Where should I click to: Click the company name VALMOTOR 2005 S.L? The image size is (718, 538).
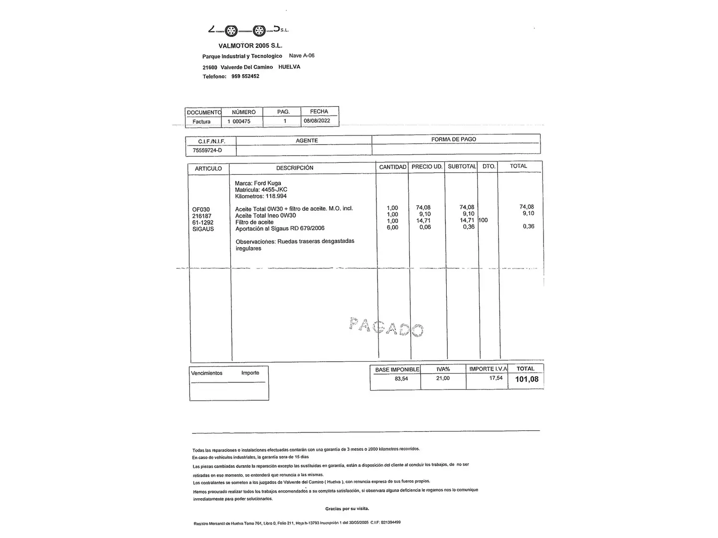(x=250, y=46)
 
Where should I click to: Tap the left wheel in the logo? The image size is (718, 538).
(x=230, y=31)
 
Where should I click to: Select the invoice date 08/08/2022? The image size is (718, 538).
(x=317, y=121)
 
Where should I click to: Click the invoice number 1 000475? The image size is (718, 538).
(x=239, y=122)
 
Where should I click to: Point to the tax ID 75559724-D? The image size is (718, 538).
(x=207, y=150)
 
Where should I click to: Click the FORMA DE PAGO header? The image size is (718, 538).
(x=453, y=139)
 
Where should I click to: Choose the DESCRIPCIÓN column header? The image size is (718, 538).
(x=295, y=168)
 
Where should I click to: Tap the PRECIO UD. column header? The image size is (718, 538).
(x=427, y=166)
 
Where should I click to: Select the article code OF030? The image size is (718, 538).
(x=201, y=210)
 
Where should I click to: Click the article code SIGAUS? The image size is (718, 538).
(x=203, y=229)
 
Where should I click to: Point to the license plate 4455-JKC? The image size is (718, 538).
(x=274, y=190)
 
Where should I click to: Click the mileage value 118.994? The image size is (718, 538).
(x=276, y=196)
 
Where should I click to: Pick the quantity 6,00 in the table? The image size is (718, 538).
(x=392, y=228)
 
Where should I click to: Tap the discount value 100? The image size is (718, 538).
(x=483, y=220)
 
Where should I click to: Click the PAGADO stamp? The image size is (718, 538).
(x=386, y=327)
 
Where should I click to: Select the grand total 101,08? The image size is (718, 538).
(x=527, y=380)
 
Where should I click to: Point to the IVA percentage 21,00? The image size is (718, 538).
(x=443, y=379)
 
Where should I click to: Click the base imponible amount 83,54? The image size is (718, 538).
(x=401, y=379)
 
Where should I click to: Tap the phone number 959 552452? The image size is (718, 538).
(x=245, y=77)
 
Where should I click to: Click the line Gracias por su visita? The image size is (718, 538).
(x=347, y=509)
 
